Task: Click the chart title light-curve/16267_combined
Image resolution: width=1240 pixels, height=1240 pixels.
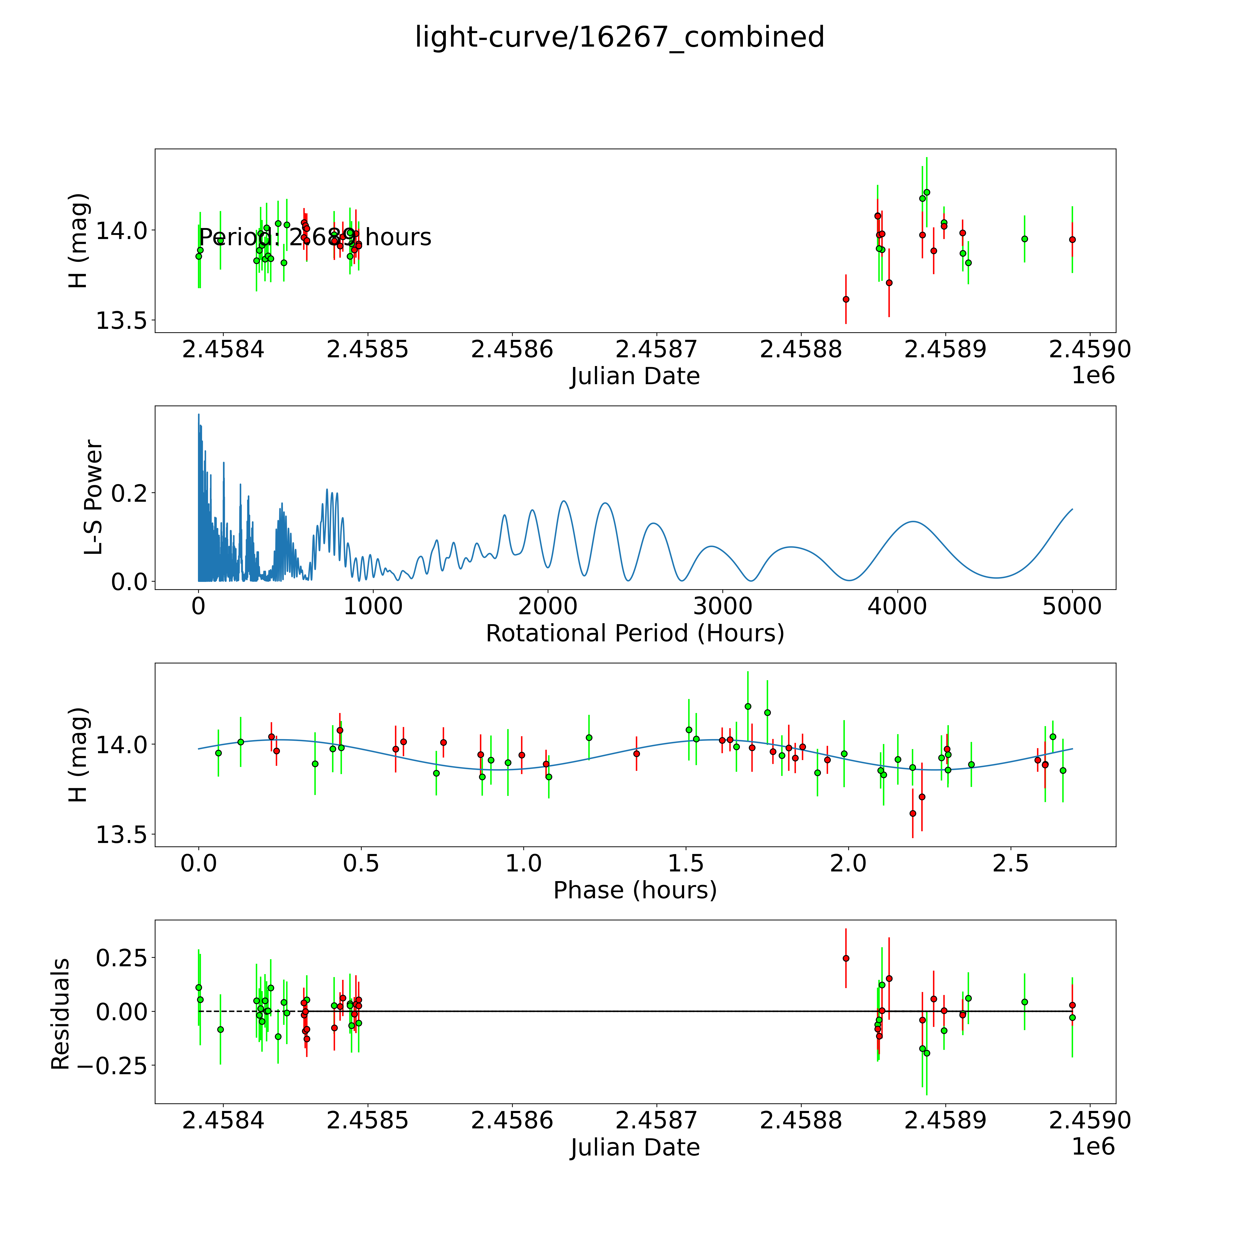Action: click(x=619, y=37)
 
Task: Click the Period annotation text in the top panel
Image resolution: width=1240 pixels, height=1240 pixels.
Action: click(x=315, y=237)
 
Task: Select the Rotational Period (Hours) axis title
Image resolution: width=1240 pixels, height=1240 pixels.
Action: click(x=635, y=634)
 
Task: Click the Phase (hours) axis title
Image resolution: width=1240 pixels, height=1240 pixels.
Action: click(x=635, y=890)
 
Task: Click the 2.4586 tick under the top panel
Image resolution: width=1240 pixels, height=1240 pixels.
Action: click(x=512, y=350)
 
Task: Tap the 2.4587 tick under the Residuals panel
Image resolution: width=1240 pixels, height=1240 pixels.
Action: click(x=656, y=1120)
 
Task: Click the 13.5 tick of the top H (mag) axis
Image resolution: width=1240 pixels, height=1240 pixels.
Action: click(x=121, y=321)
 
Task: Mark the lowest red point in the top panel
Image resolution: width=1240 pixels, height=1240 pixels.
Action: click(x=846, y=299)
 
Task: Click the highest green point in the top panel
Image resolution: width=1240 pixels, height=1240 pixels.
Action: click(x=926, y=192)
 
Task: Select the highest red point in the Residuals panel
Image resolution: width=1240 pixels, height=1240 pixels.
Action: click(x=846, y=958)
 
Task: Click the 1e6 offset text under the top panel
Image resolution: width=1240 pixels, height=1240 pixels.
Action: click(x=1093, y=375)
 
